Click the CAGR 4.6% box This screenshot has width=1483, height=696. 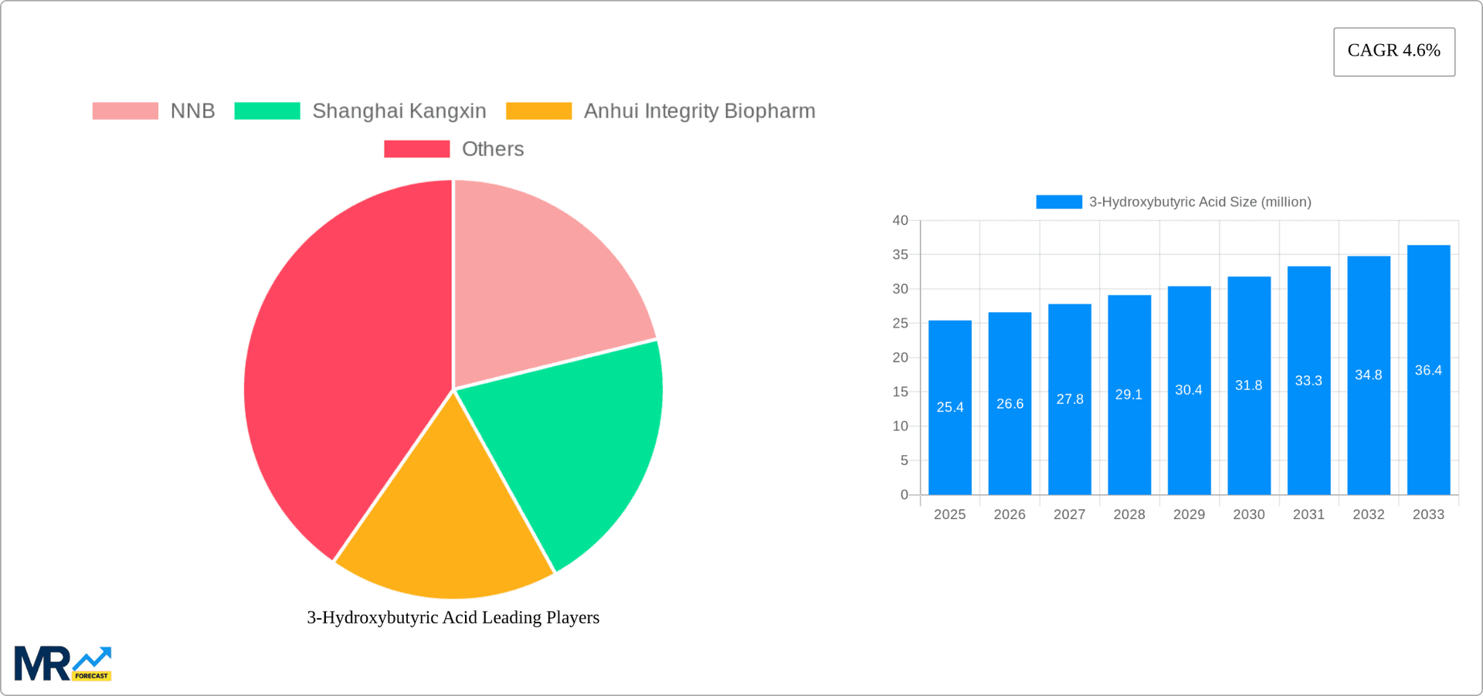[1393, 51]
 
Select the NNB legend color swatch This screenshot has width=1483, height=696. [125, 111]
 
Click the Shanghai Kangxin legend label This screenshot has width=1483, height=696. [399, 111]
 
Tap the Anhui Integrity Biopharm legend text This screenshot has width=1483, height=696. [699, 111]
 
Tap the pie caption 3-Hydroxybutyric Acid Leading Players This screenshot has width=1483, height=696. [453, 617]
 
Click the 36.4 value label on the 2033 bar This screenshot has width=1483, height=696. [1428, 371]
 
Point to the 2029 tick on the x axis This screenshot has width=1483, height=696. [1189, 514]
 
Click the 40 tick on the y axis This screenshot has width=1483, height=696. [900, 220]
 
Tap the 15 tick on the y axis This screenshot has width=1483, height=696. [900, 392]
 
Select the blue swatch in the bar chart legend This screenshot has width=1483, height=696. [1058, 202]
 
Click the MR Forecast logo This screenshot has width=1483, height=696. [63, 664]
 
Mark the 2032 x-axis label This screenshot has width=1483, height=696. [1368, 514]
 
